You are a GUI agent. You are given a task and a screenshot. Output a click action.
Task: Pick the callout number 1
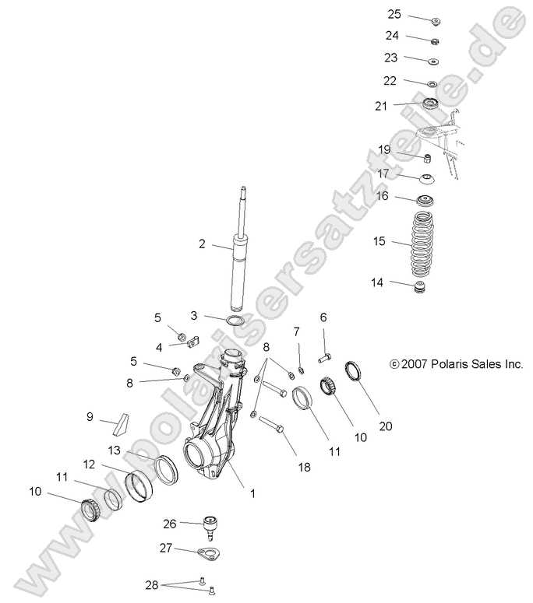click(x=251, y=493)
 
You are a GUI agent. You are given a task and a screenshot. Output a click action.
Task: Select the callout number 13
click(x=114, y=450)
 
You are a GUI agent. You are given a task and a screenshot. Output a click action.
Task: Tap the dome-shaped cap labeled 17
click(x=427, y=178)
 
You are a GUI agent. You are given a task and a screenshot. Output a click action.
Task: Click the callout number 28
click(x=150, y=584)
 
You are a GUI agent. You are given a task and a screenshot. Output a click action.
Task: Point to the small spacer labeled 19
click(x=427, y=159)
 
